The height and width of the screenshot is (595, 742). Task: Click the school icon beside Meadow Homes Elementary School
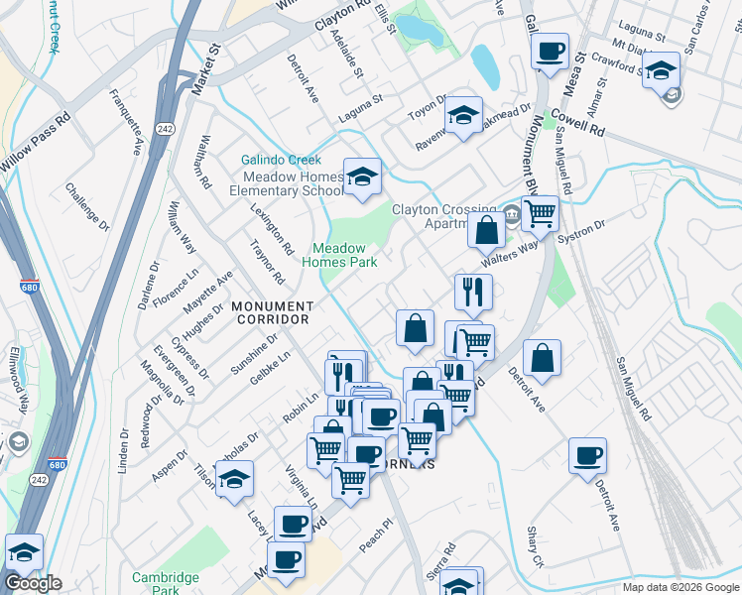point(363,177)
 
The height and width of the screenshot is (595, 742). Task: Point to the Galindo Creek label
point(282,160)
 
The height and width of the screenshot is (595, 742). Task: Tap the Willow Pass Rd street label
point(36,140)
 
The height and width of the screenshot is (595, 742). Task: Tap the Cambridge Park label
point(166,582)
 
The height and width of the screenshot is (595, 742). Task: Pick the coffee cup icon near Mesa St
point(551,51)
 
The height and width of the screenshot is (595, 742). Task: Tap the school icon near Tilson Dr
point(235,479)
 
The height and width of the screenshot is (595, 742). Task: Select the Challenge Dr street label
point(85,201)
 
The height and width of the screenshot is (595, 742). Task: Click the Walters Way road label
point(509,251)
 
